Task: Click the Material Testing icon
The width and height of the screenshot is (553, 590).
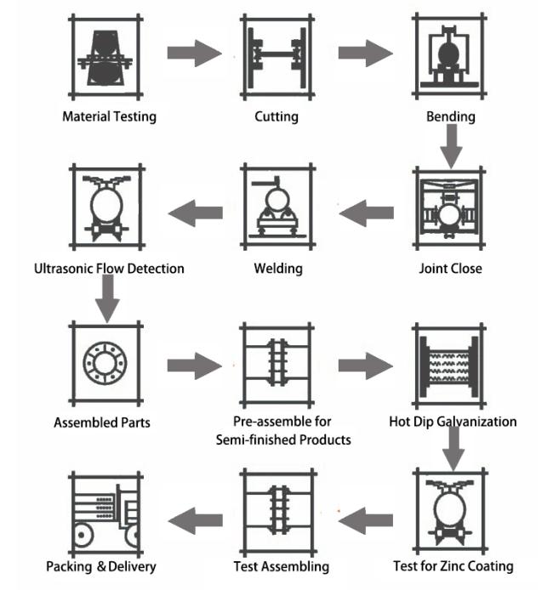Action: tap(105, 57)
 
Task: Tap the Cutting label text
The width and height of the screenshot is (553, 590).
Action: tap(276, 116)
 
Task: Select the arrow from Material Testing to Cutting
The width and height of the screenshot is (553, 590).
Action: tap(194, 53)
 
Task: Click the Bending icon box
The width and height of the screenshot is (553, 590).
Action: tap(449, 56)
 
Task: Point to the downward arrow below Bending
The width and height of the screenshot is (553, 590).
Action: tap(451, 146)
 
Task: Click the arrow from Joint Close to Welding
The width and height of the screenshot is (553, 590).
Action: tap(367, 213)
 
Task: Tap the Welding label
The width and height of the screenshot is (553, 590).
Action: tap(278, 269)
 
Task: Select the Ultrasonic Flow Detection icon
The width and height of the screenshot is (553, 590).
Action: tap(107, 207)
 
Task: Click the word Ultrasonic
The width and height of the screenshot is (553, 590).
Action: tap(63, 269)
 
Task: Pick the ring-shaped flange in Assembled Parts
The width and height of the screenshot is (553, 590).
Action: tap(105, 363)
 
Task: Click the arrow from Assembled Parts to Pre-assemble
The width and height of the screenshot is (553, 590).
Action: tap(194, 366)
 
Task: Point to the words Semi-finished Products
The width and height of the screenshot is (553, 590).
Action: tap(283, 440)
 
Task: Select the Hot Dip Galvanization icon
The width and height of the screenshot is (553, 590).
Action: tap(449, 366)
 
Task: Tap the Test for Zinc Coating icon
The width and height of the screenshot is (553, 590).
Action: tap(450, 511)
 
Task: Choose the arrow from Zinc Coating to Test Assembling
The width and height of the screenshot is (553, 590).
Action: tap(366, 521)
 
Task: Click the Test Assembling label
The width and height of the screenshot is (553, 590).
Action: tap(282, 567)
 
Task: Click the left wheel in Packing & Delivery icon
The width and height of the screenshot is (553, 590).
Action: tap(83, 535)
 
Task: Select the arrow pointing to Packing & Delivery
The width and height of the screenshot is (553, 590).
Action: tap(195, 521)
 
